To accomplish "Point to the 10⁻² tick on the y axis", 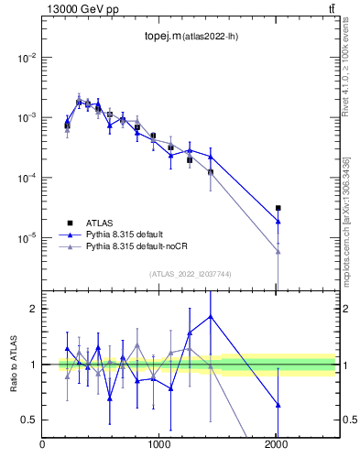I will [27, 58].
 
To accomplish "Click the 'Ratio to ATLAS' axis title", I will [12, 365].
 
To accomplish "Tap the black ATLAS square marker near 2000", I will [278, 208].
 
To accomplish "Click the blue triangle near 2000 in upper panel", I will [278, 222].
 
